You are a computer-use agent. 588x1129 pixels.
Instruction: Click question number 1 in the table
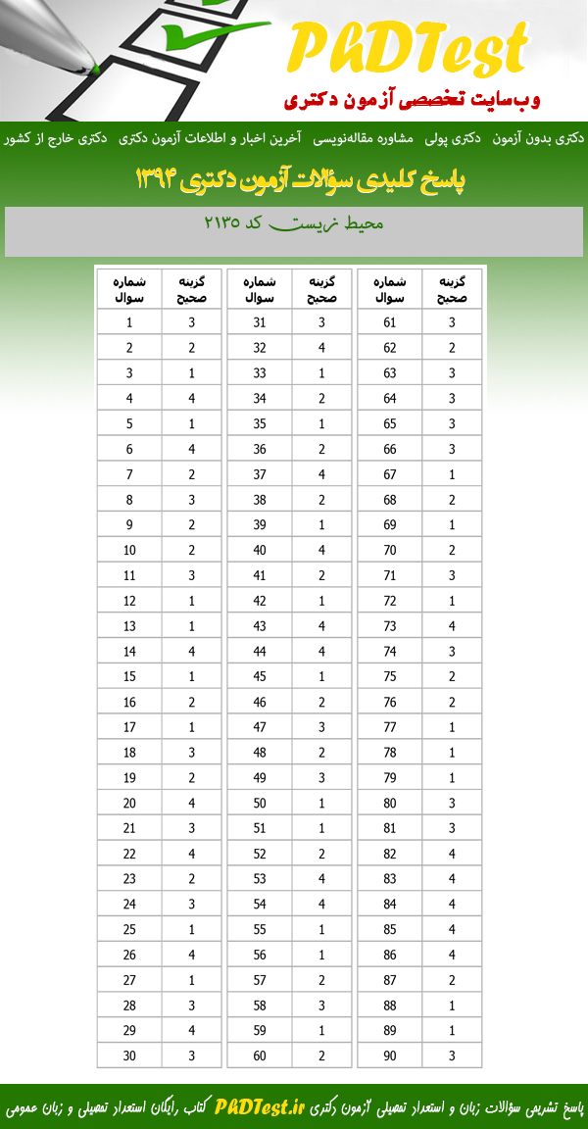click(129, 322)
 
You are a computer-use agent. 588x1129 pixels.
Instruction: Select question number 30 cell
click(129, 1055)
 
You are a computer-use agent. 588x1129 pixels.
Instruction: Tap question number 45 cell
click(260, 676)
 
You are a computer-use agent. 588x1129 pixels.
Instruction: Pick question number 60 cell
click(260, 1055)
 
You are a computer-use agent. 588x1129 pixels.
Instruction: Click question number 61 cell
click(390, 322)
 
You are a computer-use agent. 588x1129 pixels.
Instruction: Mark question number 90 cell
click(390, 1055)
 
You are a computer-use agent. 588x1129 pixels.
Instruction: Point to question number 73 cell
click(390, 625)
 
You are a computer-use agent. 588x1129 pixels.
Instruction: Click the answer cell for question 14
click(192, 651)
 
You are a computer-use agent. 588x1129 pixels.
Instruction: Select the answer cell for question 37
click(322, 474)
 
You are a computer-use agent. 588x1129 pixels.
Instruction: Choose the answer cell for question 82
click(452, 853)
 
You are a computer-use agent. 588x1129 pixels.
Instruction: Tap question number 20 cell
click(129, 803)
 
